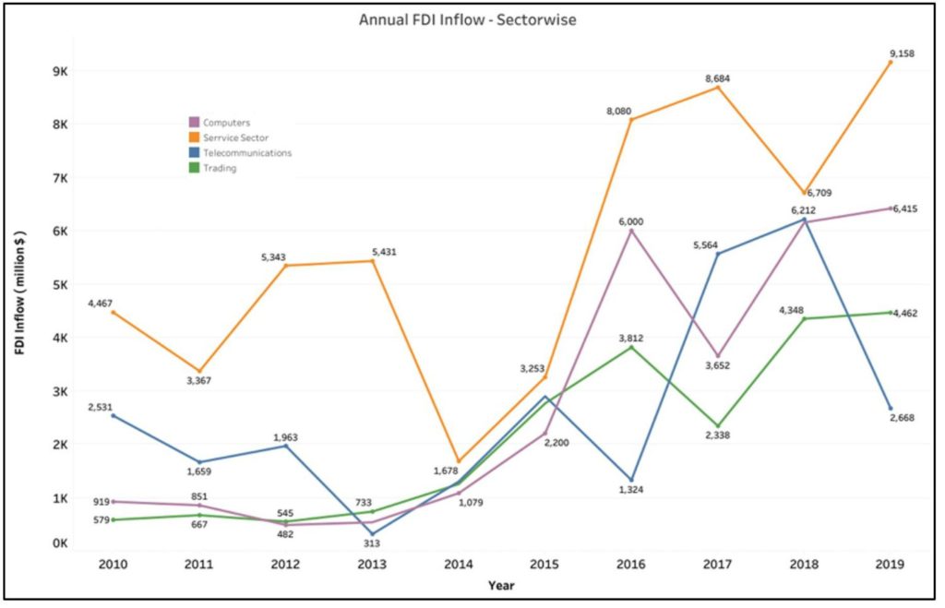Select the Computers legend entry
(226, 122)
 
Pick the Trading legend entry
(220, 168)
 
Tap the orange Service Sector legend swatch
(194, 137)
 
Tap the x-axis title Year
(501, 585)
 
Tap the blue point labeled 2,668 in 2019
(891, 409)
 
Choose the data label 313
(372, 543)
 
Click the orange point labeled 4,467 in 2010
(114, 313)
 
